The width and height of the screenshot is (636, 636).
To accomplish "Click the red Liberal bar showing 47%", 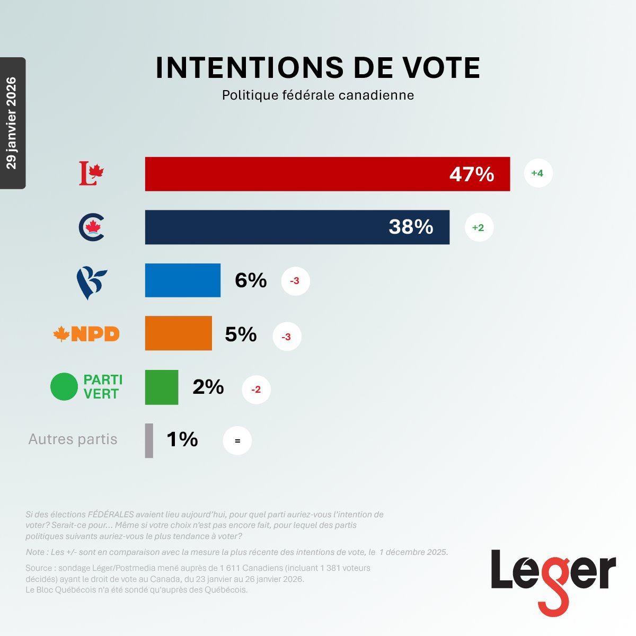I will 328,174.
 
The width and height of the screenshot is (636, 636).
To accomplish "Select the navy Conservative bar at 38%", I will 297,227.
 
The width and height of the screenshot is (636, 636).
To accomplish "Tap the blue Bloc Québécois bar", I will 183,280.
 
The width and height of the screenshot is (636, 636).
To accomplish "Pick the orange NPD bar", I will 179,333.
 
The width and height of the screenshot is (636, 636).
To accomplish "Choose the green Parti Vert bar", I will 162,387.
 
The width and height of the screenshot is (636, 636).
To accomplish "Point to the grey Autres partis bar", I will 149,440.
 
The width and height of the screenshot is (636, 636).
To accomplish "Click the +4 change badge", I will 538,173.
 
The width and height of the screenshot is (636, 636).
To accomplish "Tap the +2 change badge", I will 479,227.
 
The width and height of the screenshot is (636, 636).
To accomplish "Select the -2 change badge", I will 256,390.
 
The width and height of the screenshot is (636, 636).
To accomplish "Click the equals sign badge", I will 237,441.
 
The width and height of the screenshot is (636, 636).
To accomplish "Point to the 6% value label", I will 251,280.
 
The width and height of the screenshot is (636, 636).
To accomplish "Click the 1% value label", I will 182,439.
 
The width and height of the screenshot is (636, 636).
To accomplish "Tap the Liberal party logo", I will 91,173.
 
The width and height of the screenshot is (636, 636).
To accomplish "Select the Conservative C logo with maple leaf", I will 92,227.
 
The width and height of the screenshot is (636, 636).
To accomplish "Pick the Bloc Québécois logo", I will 91,282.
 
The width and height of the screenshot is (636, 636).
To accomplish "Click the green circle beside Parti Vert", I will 64,387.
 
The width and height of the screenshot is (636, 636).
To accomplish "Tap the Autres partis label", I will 73,439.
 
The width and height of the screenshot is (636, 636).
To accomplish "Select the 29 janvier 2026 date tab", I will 12,123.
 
